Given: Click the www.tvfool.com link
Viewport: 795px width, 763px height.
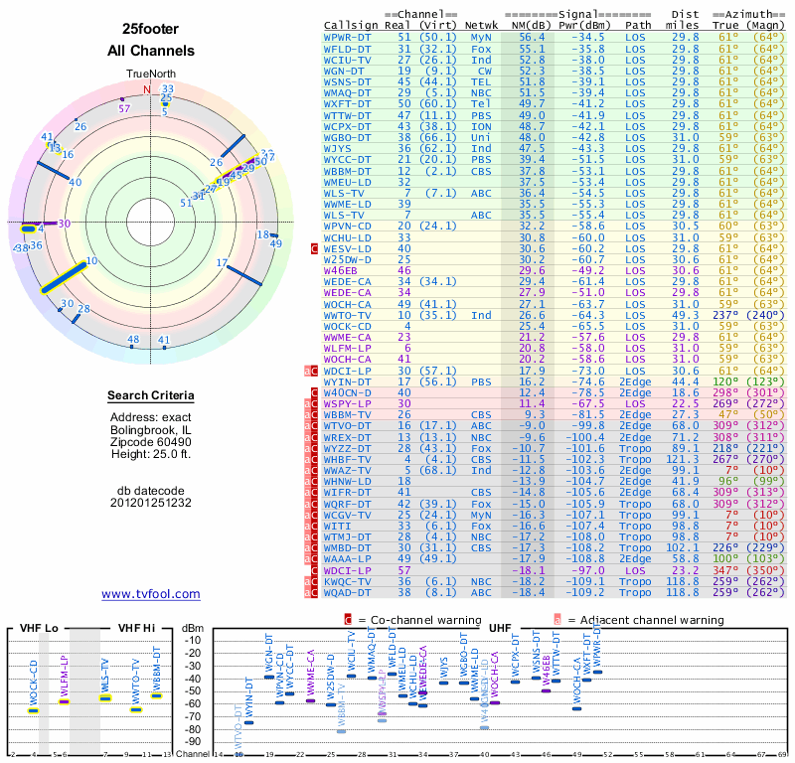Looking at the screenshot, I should (x=151, y=594).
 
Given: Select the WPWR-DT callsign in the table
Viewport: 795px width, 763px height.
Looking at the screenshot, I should (x=347, y=36).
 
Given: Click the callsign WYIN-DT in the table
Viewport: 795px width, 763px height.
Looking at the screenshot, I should (x=347, y=381).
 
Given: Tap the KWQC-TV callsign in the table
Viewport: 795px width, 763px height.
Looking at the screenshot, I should (x=347, y=580).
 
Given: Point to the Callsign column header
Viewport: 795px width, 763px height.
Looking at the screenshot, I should (x=350, y=24).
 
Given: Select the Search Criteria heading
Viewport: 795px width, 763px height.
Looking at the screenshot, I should (x=151, y=396).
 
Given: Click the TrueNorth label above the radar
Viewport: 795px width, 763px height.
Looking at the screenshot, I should (x=151, y=75).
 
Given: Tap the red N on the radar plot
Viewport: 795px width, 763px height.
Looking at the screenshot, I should (x=148, y=89).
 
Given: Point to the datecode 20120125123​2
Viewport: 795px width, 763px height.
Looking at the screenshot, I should (x=151, y=503).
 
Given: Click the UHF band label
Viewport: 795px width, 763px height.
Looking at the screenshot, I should (x=500, y=628).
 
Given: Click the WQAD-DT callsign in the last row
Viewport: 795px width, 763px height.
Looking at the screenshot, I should (x=347, y=592).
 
